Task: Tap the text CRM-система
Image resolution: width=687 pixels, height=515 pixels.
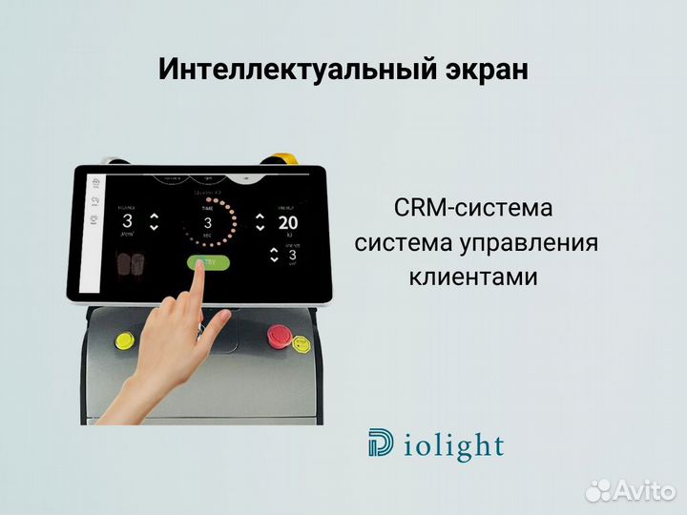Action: tap(473, 208)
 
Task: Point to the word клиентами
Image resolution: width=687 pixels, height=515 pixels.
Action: tap(473, 278)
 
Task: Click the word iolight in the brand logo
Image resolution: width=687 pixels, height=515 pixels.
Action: tap(449, 445)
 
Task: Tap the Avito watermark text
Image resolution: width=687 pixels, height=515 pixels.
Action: tap(644, 491)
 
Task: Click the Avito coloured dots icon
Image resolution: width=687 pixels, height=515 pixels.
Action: tap(598, 491)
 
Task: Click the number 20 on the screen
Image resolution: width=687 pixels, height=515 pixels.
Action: tap(287, 223)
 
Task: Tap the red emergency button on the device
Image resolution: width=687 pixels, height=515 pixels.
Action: tap(279, 335)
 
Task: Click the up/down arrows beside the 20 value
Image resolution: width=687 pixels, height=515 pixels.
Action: tap(259, 222)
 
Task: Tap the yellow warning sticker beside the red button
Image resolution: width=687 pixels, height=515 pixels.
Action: tap(302, 342)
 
